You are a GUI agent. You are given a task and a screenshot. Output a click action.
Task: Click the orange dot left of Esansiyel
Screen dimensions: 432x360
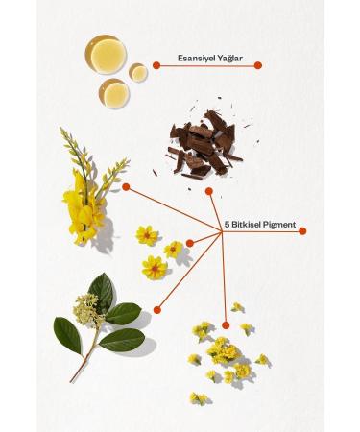[154, 65]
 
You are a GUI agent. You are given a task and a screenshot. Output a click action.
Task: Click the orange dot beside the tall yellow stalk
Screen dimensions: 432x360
[126, 187]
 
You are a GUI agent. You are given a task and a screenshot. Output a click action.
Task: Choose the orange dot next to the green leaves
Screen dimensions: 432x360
[156, 307]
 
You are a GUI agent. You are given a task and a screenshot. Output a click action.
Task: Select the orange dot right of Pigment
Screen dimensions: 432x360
[303, 230]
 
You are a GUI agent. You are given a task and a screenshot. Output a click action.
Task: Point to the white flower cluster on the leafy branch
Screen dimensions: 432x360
[87, 308]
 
